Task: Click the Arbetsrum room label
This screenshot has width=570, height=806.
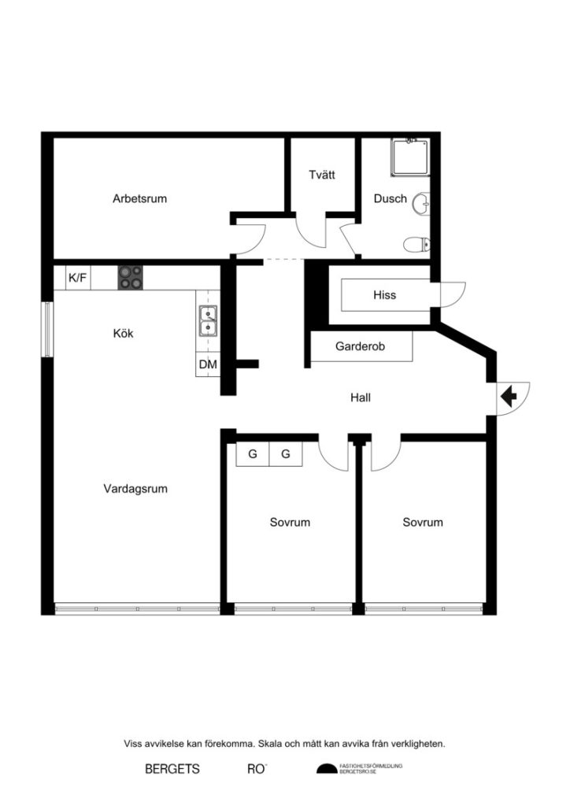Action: tap(139, 198)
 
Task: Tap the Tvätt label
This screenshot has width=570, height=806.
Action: tap(321, 175)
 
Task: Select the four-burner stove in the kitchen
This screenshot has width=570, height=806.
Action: tap(131, 277)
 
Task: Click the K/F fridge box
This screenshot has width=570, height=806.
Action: tap(78, 277)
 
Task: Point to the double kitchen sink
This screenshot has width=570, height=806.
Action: tap(208, 322)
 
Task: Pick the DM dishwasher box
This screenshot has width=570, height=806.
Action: tap(208, 364)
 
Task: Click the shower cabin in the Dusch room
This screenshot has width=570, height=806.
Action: tap(409, 158)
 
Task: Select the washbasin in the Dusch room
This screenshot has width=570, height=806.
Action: tap(424, 202)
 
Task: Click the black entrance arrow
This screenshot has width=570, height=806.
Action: tap(509, 393)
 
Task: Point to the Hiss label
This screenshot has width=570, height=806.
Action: tap(384, 295)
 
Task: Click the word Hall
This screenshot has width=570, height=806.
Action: tap(361, 397)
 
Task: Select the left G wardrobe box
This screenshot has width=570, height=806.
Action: tap(253, 454)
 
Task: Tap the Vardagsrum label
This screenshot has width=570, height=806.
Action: tap(135, 488)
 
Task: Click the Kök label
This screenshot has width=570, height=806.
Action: tap(124, 333)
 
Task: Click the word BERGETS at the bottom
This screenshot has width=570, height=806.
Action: tap(172, 768)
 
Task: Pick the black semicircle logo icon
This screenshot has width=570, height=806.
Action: tap(325, 769)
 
